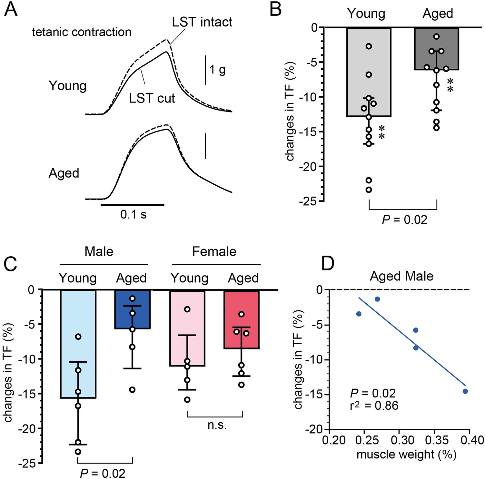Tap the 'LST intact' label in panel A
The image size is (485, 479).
pyautogui.click(x=202, y=22)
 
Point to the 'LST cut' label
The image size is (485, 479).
pyautogui.click(x=152, y=98)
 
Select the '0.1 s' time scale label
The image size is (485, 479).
pyautogui.click(x=133, y=214)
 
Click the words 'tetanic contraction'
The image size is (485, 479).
pyautogui.click(x=82, y=32)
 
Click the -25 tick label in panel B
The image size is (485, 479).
pyautogui.click(x=308, y=201)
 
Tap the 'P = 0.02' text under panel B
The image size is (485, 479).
pyautogui.click(x=404, y=220)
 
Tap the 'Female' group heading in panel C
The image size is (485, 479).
pyautogui.click(x=214, y=251)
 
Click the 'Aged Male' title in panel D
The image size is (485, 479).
pyautogui.click(x=401, y=276)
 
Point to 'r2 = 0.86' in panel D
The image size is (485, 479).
pyautogui.click(x=374, y=406)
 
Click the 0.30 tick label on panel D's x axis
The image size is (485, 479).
pyautogui.click(x=399, y=440)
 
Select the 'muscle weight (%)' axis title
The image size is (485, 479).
pyautogui.click(x=406, y=455)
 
